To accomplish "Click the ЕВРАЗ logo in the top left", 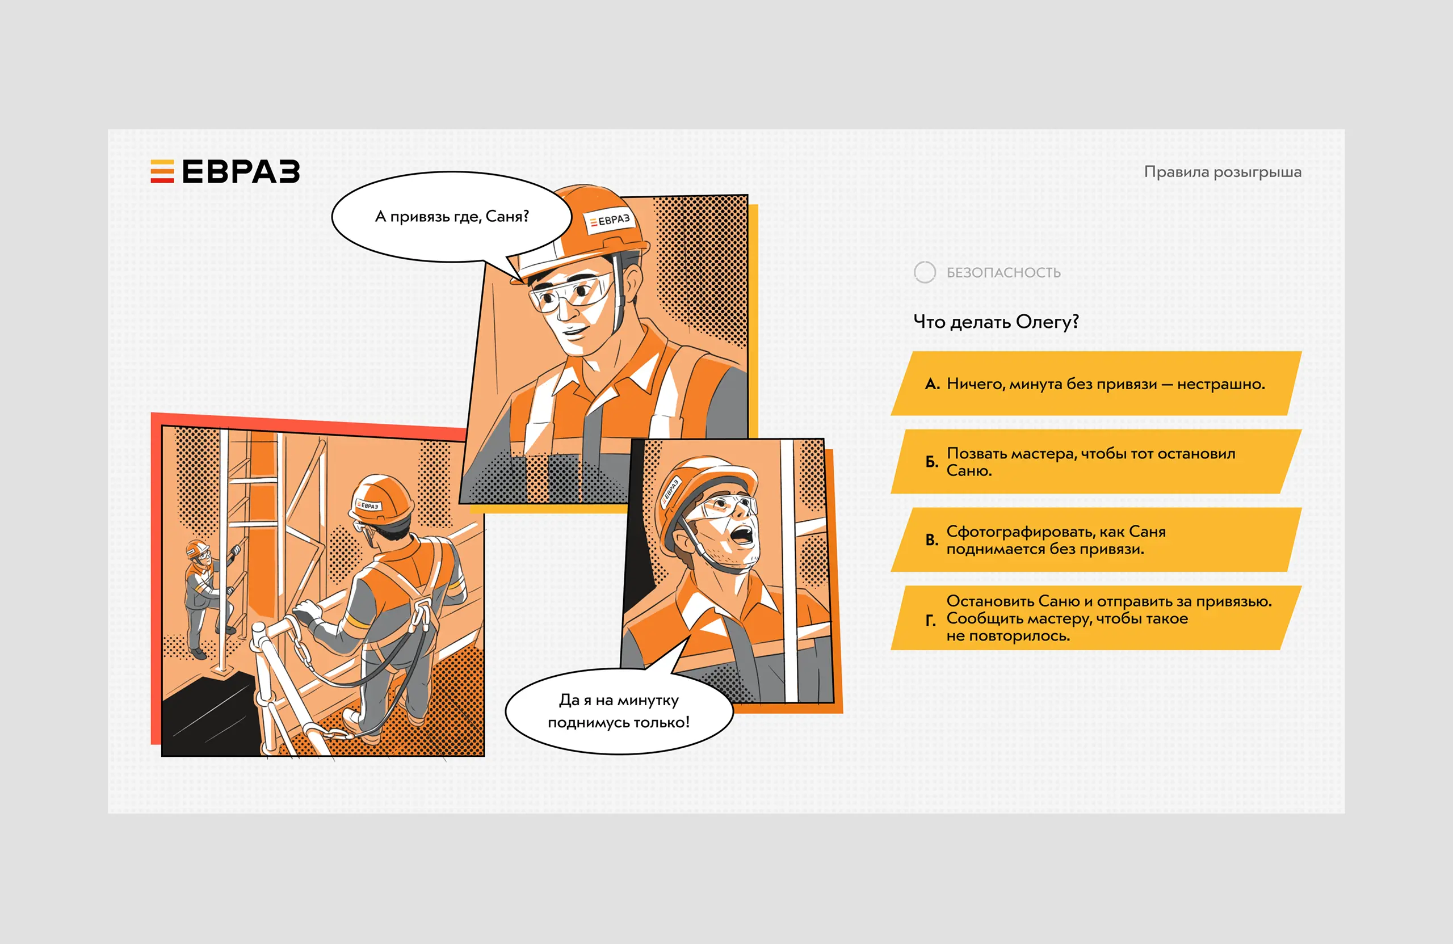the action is [225, 171].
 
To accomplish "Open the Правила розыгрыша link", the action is [1222, 172].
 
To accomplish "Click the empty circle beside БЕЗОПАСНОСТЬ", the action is [925, 272].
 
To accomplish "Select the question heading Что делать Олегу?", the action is [996, 322].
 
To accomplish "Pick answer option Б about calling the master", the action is [1096, 461].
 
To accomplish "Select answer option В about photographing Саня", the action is [1096, 540].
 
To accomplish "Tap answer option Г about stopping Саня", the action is [1096, 618].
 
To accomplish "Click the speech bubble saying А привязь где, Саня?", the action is [452, 217].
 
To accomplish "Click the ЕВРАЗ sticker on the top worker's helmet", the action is [609, 220].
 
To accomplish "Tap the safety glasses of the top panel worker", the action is [571, 293].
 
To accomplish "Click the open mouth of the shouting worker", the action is [742, 535].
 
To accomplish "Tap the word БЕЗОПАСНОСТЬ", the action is [1003, 273].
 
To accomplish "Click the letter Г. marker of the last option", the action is [930, 621].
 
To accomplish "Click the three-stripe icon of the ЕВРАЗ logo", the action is [162, 171].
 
